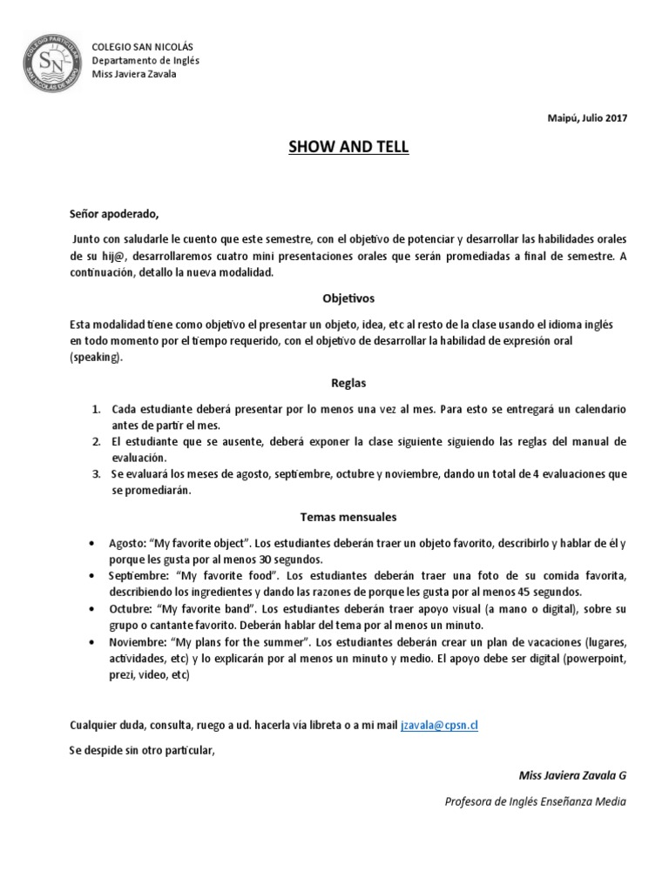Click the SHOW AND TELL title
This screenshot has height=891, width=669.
pos(348,147)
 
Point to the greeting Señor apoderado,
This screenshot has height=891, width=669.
pos(115,213)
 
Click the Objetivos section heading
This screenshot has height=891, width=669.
pos(348,298)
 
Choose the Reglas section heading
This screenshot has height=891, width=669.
pos(348,382)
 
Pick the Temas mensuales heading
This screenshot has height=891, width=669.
pos(348,517)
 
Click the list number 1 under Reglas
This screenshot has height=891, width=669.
pos(96,409)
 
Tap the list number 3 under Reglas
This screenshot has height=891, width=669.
pos(96,475)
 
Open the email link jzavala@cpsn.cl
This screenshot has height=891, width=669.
pos(440,725)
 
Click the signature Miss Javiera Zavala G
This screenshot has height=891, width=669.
pos(571,775)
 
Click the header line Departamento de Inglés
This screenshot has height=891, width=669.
pos(147,60)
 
